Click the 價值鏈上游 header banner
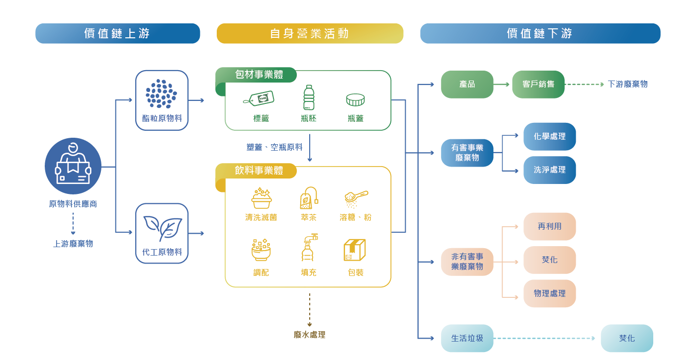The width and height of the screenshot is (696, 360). click(x=117, y=33)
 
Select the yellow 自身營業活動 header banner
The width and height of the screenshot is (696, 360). click(x=310, y=33)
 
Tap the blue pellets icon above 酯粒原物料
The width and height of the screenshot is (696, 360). click(x=162, y=93)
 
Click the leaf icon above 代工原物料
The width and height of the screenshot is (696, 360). click(x=162, y=228)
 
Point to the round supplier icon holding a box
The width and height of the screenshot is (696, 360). click(x=73, y=166)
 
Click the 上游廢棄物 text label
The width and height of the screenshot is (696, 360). click(x=73, y=244)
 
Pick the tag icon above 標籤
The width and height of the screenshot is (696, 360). click(x=259, y=98)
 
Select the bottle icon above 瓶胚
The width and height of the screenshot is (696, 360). click(x=309, y=97)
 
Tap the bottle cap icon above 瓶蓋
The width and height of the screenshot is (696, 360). click(x=355, y=100)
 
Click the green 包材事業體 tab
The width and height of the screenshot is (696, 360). click(x=259, y=75)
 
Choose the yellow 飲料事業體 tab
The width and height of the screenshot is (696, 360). click(x=259, y=171)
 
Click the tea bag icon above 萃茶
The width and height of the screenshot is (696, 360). click(x=309, y=198)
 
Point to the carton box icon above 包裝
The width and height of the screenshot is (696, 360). click(x=354, y=250)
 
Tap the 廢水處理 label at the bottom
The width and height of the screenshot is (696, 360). click(x=309, y=335)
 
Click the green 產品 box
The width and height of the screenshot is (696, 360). click(x=467, y=85)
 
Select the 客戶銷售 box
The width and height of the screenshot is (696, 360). click(x=538, y=85)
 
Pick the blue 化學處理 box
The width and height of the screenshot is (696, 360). click(x=549, y=136)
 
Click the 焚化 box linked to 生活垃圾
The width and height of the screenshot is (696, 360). click(x=626, y=338)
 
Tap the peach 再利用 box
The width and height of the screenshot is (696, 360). click(x=549, y=226)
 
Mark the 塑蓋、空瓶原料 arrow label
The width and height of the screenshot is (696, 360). click(x=274, y=147)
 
